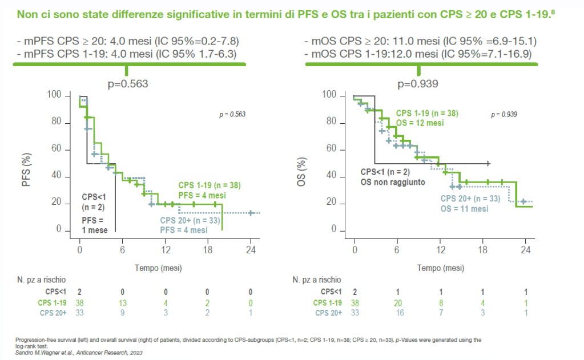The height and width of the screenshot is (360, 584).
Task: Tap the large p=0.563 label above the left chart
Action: point(128,84)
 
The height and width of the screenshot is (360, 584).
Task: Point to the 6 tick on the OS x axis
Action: point(398,250)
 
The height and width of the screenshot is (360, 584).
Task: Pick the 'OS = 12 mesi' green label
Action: point(420,123)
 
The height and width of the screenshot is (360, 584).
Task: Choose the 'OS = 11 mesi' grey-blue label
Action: point(464,209)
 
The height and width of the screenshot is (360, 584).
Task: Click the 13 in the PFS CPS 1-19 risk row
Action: point(122,302)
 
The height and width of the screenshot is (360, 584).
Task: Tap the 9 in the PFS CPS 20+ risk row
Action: point(122,313)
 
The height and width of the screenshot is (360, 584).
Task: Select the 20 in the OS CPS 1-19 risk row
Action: point(398,302)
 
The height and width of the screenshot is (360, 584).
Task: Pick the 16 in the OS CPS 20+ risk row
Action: point(398,313)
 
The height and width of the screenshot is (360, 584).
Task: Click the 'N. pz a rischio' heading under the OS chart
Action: point(317,280)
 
